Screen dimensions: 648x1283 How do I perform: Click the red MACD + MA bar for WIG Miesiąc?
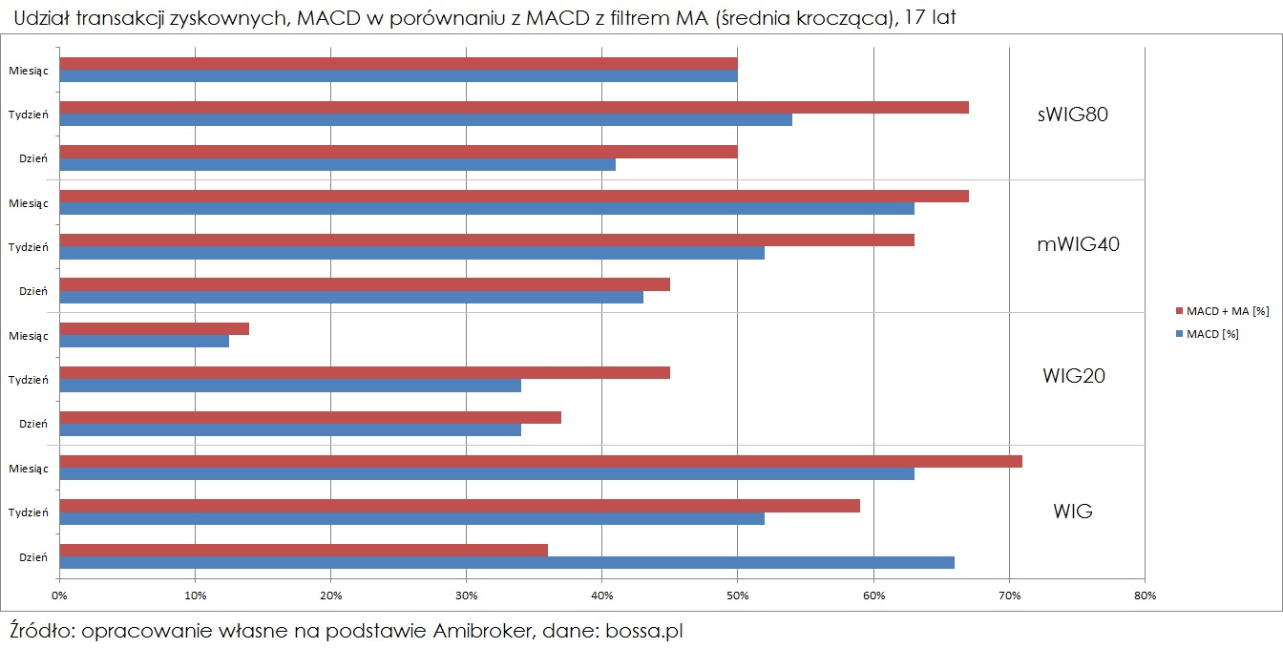[540, 462]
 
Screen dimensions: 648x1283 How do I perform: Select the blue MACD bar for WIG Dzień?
[506, 563]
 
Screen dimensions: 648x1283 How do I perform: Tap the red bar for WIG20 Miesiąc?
[154, 328]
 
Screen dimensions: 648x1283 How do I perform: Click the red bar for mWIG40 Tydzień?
[486, 240]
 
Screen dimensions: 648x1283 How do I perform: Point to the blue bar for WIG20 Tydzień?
[289, 386]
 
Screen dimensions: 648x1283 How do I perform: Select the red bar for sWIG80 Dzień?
[397, 151]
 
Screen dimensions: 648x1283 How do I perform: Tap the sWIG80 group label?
[1072, 115]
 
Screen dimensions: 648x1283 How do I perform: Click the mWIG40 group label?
[1078, 244]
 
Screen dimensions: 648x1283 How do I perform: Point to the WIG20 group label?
[1073, 376]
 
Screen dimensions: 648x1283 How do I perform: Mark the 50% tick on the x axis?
[737, 596]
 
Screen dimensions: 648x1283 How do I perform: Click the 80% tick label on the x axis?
[1145, 596]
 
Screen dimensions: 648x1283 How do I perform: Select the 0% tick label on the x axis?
[59, 596]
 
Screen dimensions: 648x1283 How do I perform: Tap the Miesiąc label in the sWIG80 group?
[29, 70]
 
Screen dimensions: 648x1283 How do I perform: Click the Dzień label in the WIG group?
[33, 556]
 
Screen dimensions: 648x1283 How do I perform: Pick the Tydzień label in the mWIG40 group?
[29, 246]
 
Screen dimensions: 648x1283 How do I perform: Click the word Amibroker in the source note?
[485, 631]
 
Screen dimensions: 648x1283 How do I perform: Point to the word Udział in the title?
[42, 18]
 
